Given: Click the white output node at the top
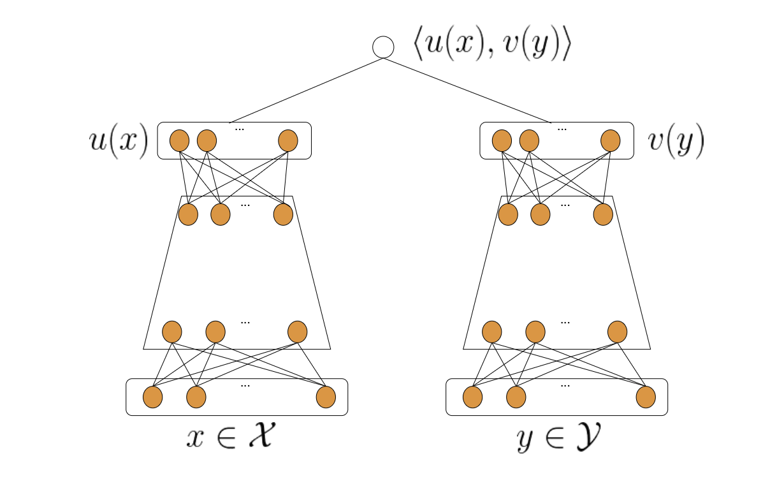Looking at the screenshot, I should [x=383, y=47].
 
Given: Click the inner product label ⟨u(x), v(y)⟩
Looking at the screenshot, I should [x=491, y=47].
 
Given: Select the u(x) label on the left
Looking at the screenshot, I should [x=119, y=140].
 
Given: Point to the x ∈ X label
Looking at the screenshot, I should [x=230, y=438].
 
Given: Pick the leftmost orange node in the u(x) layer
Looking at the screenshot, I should [x=179, y=141].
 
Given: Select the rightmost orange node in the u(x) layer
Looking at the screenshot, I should [x=288, y=141].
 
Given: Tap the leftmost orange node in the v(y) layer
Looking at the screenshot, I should [x=502, y=141].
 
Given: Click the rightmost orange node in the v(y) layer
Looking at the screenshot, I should [x=611, y=141].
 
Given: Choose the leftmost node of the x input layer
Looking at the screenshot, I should [x=153, y=397].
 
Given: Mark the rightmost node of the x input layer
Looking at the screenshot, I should [x=326, y=397].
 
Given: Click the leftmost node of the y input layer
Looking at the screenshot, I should [x=472, y=397].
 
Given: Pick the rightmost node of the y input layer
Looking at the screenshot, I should [x=646, y=397].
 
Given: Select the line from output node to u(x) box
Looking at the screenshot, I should [x=306, y=90].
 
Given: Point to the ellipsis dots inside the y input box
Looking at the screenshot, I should [x=564, y=385].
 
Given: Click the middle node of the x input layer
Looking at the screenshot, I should [x=196, y=397].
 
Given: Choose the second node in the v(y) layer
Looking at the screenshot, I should [x=529, y=141].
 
